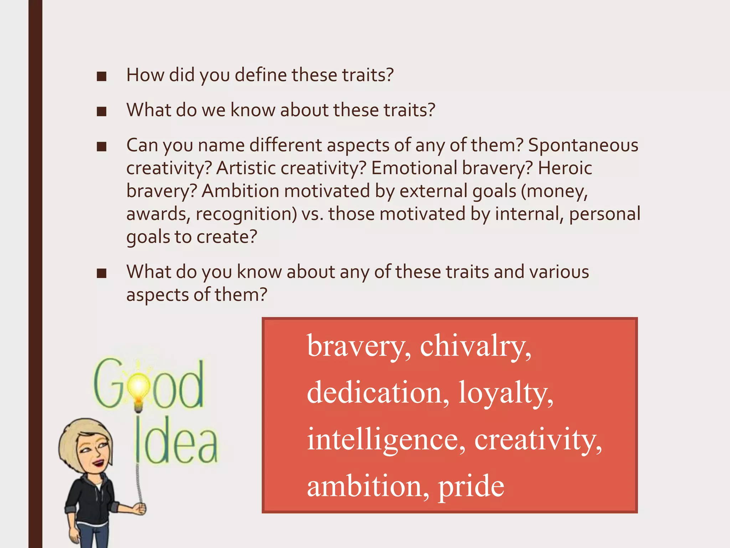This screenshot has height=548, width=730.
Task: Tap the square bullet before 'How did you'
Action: point(102,76)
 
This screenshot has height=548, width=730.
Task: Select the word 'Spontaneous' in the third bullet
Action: point(583,145)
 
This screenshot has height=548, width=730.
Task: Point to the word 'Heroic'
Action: point(565,168)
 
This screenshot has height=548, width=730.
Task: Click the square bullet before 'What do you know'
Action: point(102,273)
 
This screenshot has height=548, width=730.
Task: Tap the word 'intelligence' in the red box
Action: point(386,440)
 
